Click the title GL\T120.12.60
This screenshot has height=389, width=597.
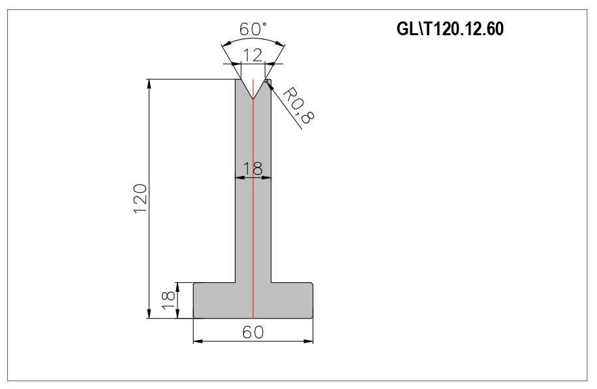pyautogui.click(x=450, y=29)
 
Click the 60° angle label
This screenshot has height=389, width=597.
pyautogui.click(x=253, y=29)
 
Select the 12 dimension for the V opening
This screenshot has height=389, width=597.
pyautogui.click(x=253, y=55)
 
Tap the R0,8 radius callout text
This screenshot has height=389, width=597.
pyautogui.click(x=299, y=106)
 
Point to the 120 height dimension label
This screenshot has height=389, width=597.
pyautogui.click(x=140, y=199)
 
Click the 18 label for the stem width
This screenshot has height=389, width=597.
pyautogui.click(x=253, y=168)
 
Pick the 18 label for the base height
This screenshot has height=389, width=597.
pyautogui.click(x=168, y=300)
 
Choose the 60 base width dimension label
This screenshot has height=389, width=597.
pyautogui.click(x=253, y=332)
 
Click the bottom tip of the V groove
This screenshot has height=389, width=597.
pyautogui.click(x=253, y=99)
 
